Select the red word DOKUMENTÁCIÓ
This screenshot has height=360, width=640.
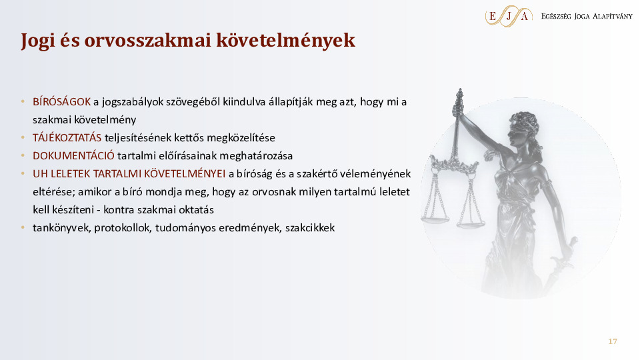(73, 156)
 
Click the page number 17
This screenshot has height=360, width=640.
(613, 342)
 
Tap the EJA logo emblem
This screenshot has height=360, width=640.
(509, 16)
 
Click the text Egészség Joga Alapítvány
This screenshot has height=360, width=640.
(587, 16)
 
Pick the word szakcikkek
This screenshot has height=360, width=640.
(310, 228)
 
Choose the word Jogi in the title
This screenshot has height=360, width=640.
(36, 41)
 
